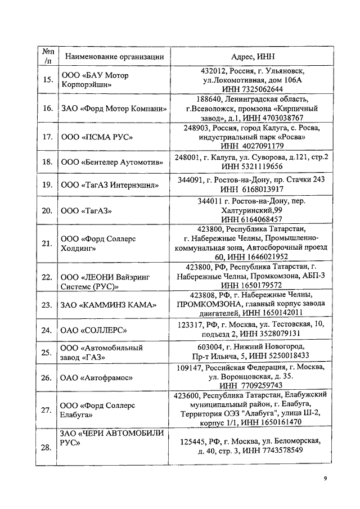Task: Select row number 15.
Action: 48,80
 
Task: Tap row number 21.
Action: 48,243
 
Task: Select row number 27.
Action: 48,410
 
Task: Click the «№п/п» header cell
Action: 48,56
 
